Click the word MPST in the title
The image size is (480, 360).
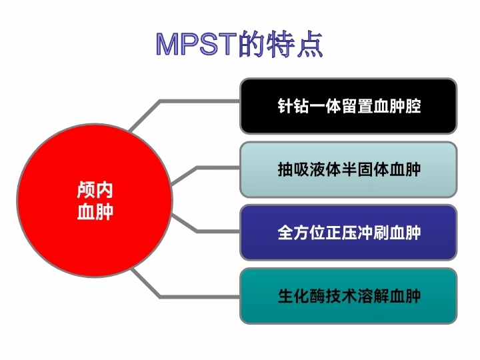[197, 44]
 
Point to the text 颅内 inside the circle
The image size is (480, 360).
[95, 191]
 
